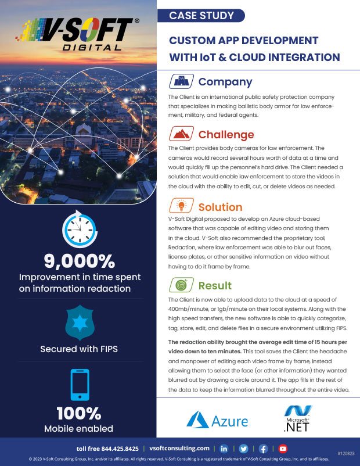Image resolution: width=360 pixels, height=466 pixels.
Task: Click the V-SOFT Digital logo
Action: coord(78,33)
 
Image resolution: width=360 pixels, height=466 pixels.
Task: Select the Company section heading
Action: coord(225,82)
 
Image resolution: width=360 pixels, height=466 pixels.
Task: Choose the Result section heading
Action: coord(215,285)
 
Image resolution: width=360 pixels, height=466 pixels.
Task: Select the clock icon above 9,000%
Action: coord(78,230)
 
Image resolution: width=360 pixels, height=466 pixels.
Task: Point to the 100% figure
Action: coord(78,414)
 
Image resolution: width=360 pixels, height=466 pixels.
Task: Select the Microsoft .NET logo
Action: coord(298,420)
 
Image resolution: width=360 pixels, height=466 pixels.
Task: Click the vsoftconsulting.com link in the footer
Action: coord(179,449)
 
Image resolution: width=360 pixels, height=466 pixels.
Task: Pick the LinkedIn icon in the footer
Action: coord(224,449)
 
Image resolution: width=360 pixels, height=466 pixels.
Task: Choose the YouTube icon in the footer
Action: coord(283,449)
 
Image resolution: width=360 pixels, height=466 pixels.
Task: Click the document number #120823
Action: coord(345,452)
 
